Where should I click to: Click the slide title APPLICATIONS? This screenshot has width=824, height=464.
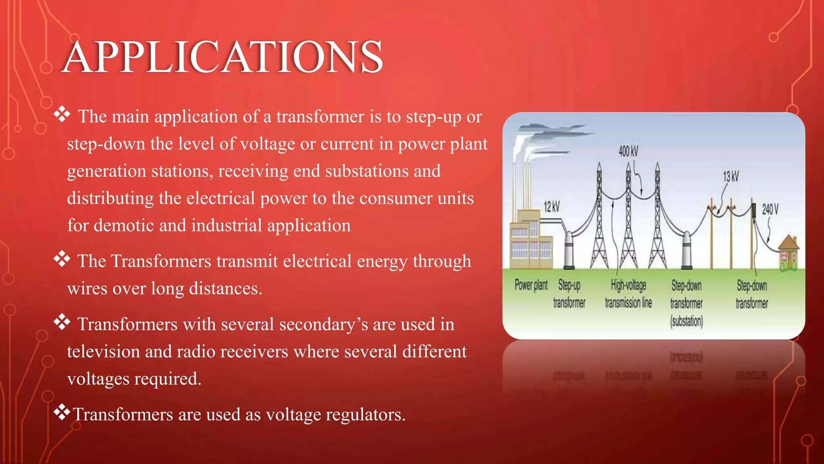click(222, 57)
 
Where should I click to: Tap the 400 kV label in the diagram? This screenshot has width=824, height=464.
click(628, 151)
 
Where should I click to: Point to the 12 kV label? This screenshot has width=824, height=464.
click(552, 207)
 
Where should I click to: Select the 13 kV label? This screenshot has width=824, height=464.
click(731, 176)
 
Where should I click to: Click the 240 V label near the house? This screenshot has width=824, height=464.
click(770, 209)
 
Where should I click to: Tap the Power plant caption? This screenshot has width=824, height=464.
click(531, 285)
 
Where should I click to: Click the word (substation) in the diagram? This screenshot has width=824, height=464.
click(686, 321)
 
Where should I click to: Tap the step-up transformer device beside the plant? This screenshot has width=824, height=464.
click(569, 250)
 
